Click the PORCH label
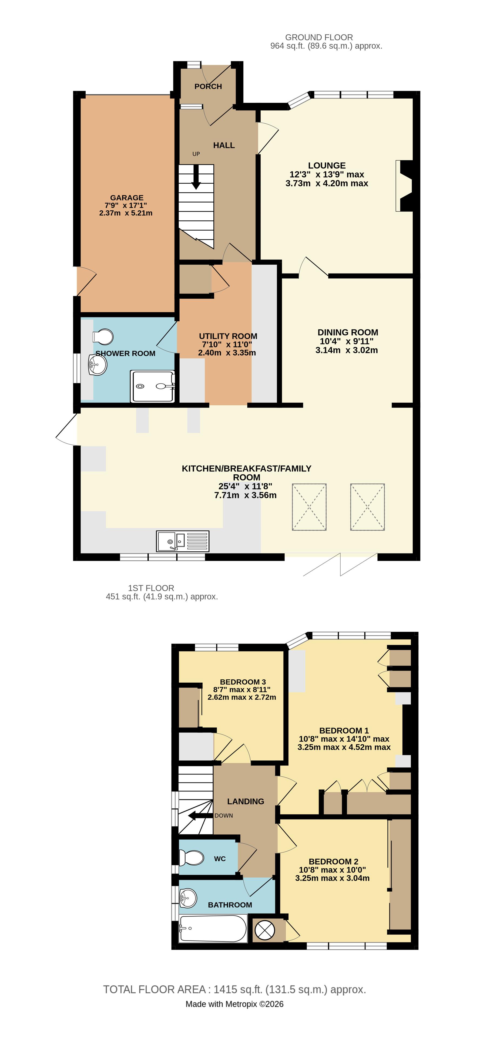(208, 86)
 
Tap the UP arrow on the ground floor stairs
(196, 177)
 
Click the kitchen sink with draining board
(183, 541)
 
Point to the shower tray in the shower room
(152, 386)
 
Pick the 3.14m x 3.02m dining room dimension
(347, 350)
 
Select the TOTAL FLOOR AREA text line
(234, 989)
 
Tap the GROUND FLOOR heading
(319, 37)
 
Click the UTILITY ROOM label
(228, 336)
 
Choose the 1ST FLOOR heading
(151, 588)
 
